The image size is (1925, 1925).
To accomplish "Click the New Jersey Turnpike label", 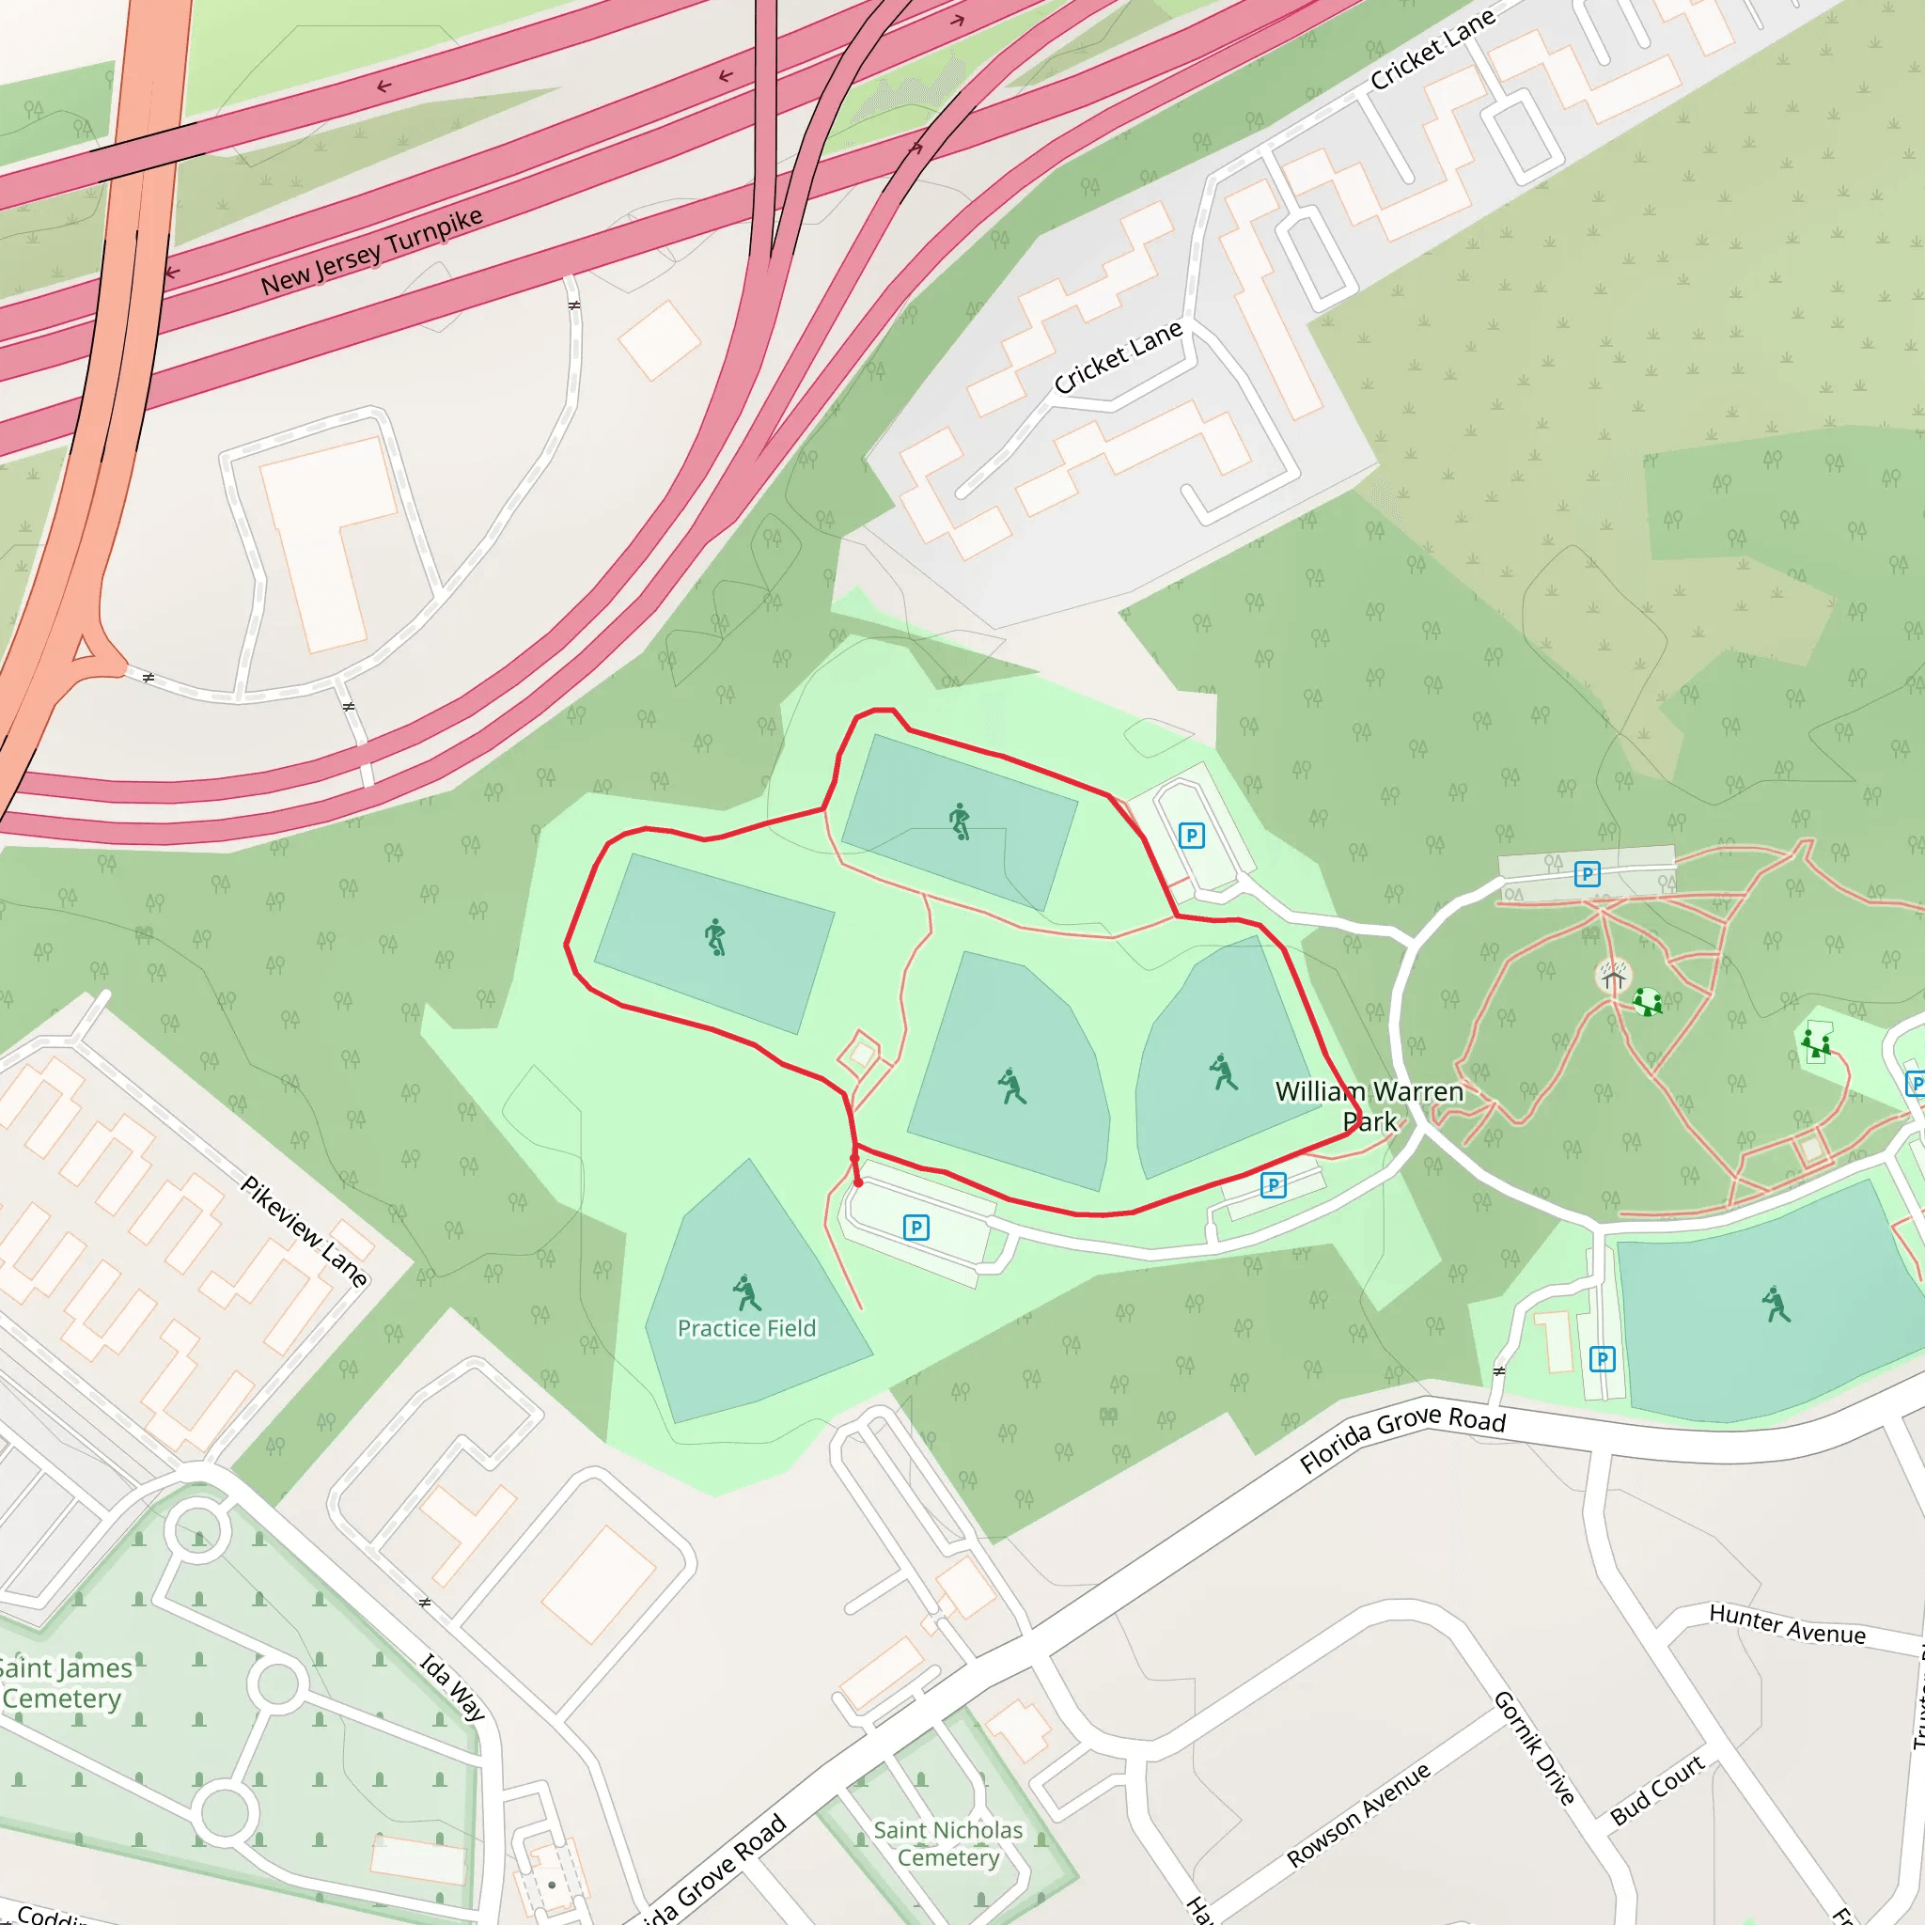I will pyautogui.click(x=370, y=252).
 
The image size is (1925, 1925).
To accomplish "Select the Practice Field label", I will pyautogui.click(x=746, y=1328).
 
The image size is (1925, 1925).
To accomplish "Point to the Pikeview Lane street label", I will pyautogui.click(x=305, y=1230).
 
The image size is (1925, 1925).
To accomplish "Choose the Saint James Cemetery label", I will pyautogui.click(x=64, y=1682).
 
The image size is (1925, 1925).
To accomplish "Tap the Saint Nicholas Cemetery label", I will pyautogui.click(x=947, y=1843).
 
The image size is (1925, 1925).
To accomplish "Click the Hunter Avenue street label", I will pyautogui.click(x=1787, y=1624).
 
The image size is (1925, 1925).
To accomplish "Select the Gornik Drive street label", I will pyautogui.click(x=1534, y=1748).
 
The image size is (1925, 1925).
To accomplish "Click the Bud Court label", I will pyautogui.click(x=1657, y=1791).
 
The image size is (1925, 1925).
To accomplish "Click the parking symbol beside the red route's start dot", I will pyautogui.click(x=916, y=1228).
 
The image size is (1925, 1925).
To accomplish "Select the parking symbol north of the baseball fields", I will pyautogui.click(x=1192, y=835).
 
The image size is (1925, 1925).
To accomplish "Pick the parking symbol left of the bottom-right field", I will pyautogui.click(x=1601, y=1359).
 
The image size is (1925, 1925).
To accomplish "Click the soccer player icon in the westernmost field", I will pyautogui.click(x=714, y=936).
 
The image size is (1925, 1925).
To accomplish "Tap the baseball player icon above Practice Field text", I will pyautogui.click(x=745, y=1293).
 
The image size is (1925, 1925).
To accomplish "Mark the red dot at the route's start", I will pyautogui.click(x=858, y=1182).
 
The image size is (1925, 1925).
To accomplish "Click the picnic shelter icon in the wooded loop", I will pyautogui.click(x=1612, y=976).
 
